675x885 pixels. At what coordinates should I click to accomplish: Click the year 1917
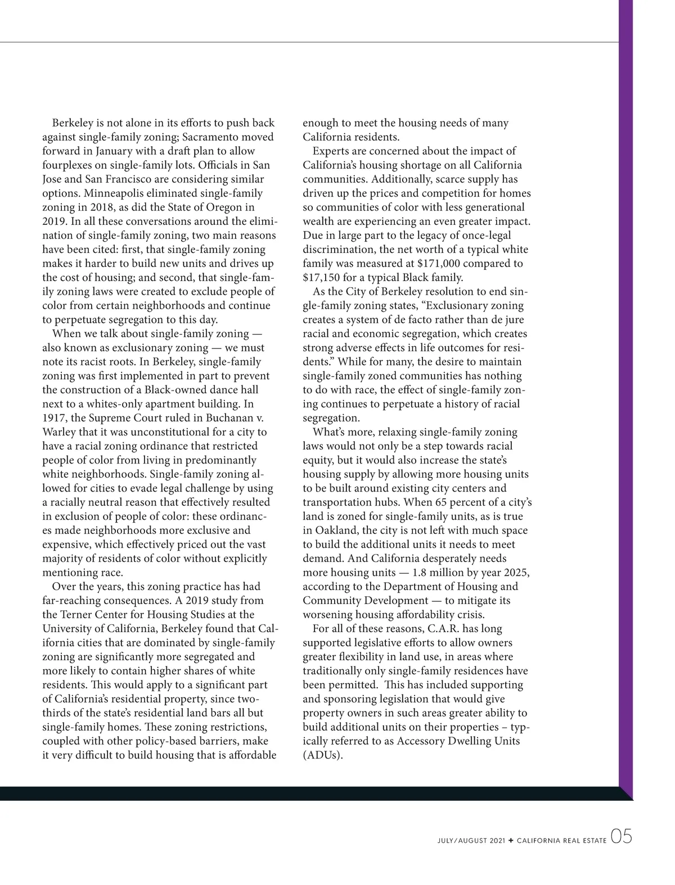pos(55,418)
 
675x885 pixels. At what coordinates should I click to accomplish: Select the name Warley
pos(59,432)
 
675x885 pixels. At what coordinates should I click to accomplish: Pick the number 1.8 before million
pos(421,573)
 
